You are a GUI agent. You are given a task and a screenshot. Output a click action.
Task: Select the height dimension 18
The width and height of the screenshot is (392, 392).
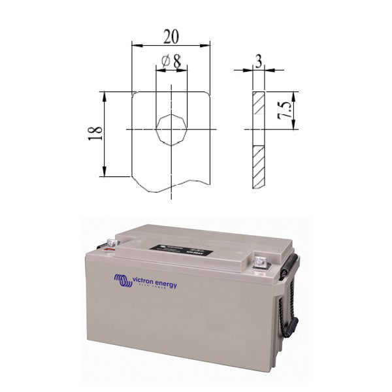click(x=95, y=134)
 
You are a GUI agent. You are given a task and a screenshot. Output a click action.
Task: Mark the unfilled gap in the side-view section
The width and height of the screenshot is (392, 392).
click(x=259, y=138)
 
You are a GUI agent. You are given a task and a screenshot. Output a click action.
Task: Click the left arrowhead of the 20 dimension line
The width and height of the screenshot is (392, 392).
click(x=135, y=45)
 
